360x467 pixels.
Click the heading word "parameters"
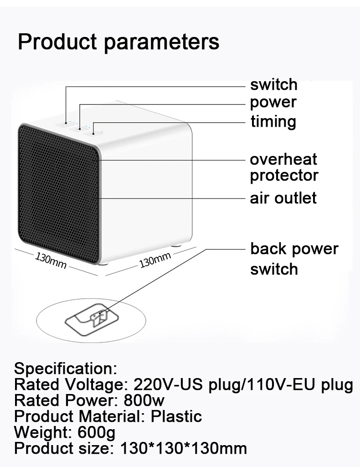coord(161,42)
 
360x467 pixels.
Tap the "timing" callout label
coord(273,121)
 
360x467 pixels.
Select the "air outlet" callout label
coord(283,198)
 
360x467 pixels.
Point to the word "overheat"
coord(283,159)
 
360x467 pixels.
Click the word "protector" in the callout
coord(284,176)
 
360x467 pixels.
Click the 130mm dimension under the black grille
coord(51,260)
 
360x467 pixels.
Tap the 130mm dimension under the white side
coord(155,259)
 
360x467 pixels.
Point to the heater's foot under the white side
coord(176,245)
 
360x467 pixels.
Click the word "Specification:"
coord(66,368)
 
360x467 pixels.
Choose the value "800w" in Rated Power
coord(144,400)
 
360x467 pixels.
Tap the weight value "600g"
coord(97,432)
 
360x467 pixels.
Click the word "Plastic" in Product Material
coord(176,416)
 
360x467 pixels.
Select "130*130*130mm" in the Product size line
coord(184,448)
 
